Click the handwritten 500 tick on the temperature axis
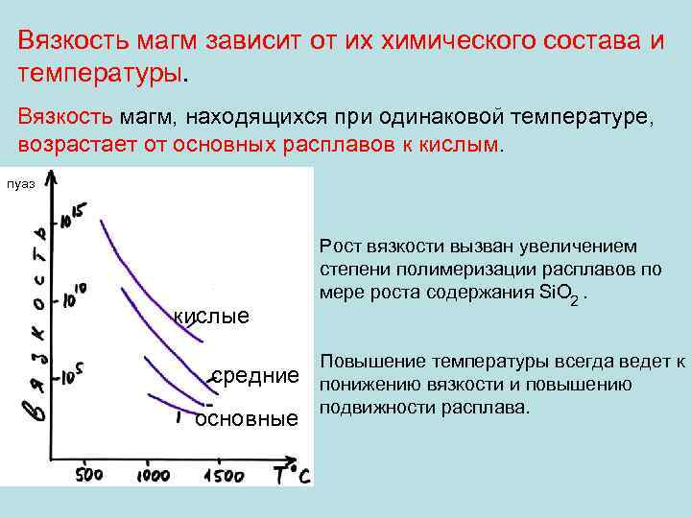click(89, 475)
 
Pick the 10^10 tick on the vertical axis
click(73, 294)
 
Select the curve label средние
click(255, 375)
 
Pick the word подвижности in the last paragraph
click(370, 408)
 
